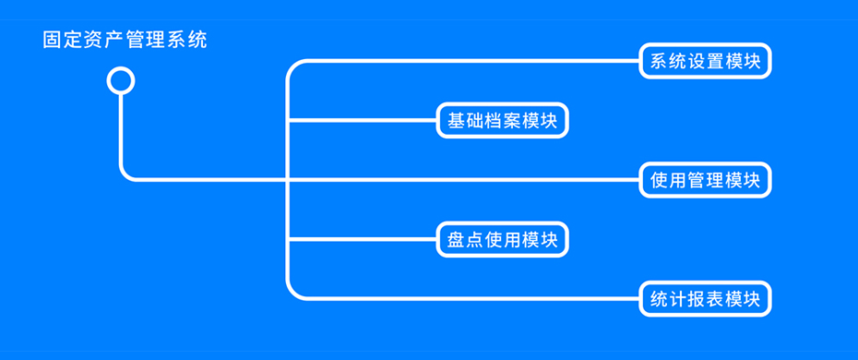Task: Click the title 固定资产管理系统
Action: tap(125, 41)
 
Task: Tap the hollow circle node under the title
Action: tap(121, 81)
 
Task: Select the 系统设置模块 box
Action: tap(705, 62)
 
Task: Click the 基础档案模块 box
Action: tap(502, 121)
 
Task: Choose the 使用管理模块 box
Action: tap(705, 180)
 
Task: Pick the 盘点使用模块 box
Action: tap(502, 240)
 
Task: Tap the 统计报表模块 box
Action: tap(705, 299)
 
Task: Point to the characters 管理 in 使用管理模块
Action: tap(705, 180)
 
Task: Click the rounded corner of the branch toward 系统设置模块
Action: tap(293, 66)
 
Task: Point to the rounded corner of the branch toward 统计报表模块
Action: tap(293, 294)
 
